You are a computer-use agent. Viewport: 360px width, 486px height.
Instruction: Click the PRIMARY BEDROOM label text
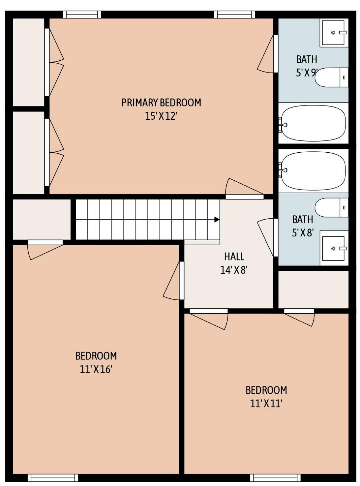(x=161, y=103)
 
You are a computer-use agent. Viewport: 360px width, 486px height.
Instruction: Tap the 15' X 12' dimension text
(x=161, y=116)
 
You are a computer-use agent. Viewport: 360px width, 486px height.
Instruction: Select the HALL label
(x=234, y=257)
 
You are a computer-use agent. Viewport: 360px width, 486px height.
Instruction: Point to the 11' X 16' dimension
(x=96, y=370)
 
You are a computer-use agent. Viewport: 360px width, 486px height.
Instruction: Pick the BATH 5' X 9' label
(x=307, y=66)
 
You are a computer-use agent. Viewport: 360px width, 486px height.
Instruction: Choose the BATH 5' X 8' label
(x=303, y=226)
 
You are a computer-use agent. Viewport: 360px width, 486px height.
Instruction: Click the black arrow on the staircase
(x=217, y=219)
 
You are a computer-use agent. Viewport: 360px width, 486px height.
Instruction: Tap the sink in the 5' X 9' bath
(x=334, y=33)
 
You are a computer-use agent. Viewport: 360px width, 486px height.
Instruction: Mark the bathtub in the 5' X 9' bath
(x=313, y=123)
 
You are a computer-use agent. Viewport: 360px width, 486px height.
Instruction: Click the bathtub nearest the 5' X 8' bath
(x=313, y=171)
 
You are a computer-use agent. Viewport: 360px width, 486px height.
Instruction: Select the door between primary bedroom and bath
(x=268, y=53)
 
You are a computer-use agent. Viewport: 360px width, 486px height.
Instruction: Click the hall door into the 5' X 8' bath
(x=268, y=237)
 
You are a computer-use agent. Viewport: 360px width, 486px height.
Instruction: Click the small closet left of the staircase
(x=42, y=220)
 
